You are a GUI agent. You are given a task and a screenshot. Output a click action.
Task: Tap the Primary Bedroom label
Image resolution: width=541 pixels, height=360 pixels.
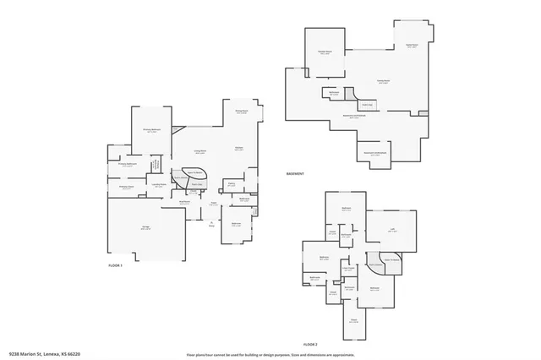point(152,130)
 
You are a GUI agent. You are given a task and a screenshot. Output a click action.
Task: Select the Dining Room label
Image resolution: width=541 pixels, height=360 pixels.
point(241,112)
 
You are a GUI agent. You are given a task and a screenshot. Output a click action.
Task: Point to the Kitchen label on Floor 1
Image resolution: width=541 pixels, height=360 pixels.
point(239,149)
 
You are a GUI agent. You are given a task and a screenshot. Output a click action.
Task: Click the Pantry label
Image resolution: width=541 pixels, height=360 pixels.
point(231,183)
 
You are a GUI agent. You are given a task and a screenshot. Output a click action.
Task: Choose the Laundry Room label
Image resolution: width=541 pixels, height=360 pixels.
point(158,184)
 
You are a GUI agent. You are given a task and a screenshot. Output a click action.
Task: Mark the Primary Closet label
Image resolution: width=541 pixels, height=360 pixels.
point(127,188)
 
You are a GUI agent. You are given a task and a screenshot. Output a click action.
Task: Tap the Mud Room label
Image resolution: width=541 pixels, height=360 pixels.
point(184,203)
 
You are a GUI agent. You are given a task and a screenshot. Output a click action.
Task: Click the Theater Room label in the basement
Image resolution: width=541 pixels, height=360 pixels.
point(324,52)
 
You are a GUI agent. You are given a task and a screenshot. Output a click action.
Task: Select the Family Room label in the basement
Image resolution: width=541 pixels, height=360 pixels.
point(383,82)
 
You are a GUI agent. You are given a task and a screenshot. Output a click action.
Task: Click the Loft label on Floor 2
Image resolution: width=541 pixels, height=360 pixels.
point(393,228)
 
